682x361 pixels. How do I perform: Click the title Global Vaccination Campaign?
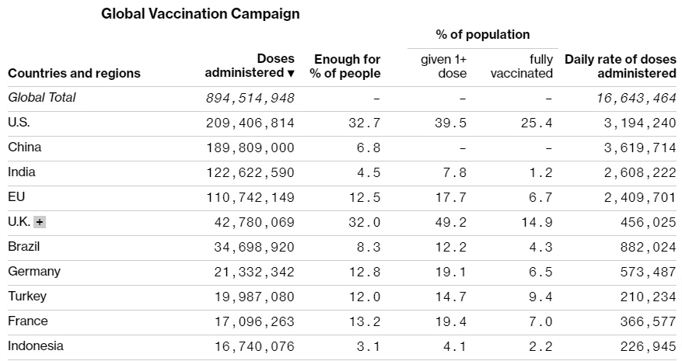click(x=200, y=14)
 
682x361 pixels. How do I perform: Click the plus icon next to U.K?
click(x=40, y=222)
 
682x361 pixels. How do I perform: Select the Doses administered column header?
click(x=250, y=66)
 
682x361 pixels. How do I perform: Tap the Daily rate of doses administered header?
click(x=620, y=66)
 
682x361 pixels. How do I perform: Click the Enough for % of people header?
click(x=345, y=66)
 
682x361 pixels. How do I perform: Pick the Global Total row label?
click(x=42, y=98)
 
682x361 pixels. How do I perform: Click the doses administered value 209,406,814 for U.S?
click(x=250, y=123)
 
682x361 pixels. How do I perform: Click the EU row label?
click(x=16, y=197)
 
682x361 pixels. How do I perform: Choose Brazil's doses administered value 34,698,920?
click(x=254, y=247)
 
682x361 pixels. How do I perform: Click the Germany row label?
click(x=34, y=272)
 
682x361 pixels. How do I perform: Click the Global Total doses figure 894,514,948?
click(x=250, y=98)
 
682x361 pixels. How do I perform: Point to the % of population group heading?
click(x=482, y=35)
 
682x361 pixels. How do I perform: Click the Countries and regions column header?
click(x=74, y=73)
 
